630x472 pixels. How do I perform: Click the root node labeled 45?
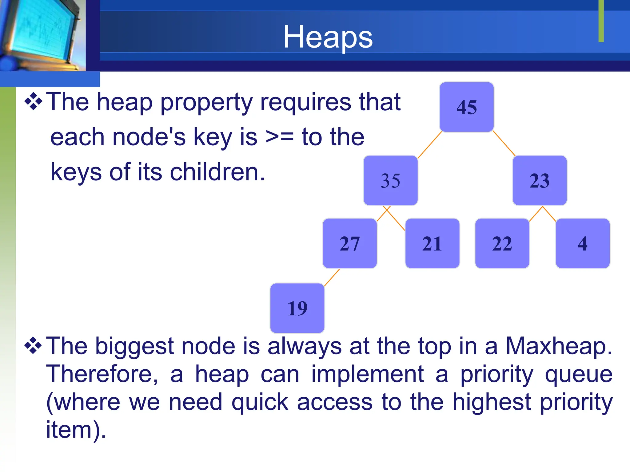[x=466, y=107]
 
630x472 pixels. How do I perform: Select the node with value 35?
[x=390, y=180]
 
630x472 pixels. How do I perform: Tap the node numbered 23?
[x=539, y=180]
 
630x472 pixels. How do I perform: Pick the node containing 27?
[x=349, y=243]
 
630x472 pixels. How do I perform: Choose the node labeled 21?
[x=432, y=243]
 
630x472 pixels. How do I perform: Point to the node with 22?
[x=502, y=243]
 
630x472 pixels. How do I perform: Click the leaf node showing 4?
[x=582, y=243]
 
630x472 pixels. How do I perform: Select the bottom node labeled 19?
[x=297, y=308]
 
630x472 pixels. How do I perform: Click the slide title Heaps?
[x=328, y=37]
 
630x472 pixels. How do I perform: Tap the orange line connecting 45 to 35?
[x=430, y=145]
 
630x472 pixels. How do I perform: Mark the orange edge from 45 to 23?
[x=504, y=143]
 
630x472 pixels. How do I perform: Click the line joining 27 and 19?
[x=332, y=277]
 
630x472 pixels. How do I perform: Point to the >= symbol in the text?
[x=279, y=137]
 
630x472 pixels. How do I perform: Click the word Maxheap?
[x=559, y=346]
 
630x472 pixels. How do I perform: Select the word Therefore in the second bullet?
[x=102, y=374]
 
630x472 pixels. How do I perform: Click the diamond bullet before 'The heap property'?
[x=33, y=102]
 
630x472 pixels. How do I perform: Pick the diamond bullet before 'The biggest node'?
[x=33, y=346]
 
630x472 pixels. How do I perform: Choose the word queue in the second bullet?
[x=579, y=374]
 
